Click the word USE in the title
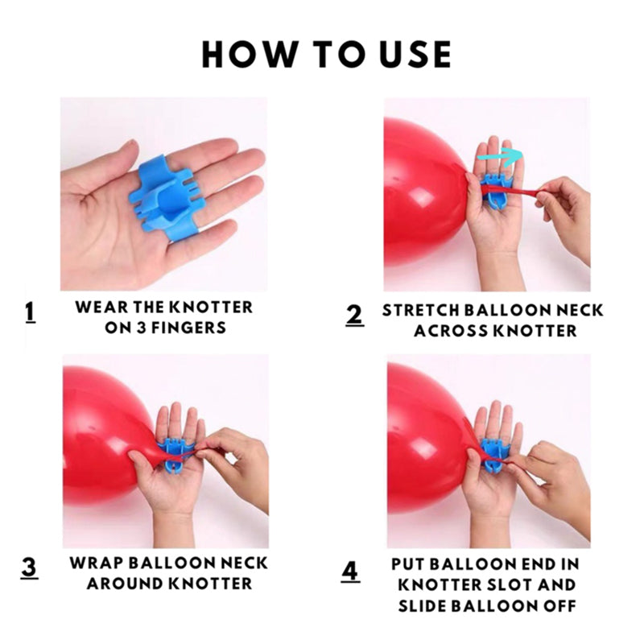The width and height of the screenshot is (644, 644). click(x=415, y=54)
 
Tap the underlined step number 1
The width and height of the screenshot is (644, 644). click(x=30, y=313)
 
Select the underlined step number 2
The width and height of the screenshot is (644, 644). click(x=355, y=316)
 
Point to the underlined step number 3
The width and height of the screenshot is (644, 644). click(x=29, y=568)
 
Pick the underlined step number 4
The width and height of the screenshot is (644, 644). click(x=350, y=572)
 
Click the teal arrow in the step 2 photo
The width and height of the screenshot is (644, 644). click(x=500, y=157)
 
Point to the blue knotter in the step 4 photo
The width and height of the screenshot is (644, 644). click(x=495, y=455)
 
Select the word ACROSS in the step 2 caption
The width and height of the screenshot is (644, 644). click(x=451, y=331)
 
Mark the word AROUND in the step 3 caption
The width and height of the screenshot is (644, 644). click(x=126, y=584)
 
